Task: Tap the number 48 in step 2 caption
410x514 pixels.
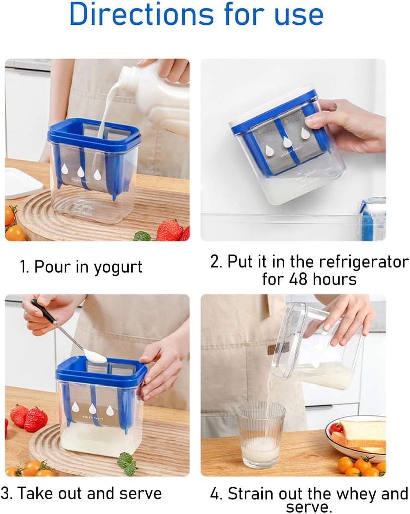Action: coord(303,279)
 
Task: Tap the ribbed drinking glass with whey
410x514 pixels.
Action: coord(260,434)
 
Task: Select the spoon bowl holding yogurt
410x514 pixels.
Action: coord(95,357)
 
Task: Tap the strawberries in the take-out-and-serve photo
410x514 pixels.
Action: coord(29,418)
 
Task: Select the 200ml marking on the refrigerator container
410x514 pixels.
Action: coord(310,173)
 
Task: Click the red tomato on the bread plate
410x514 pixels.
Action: coord(336,428)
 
